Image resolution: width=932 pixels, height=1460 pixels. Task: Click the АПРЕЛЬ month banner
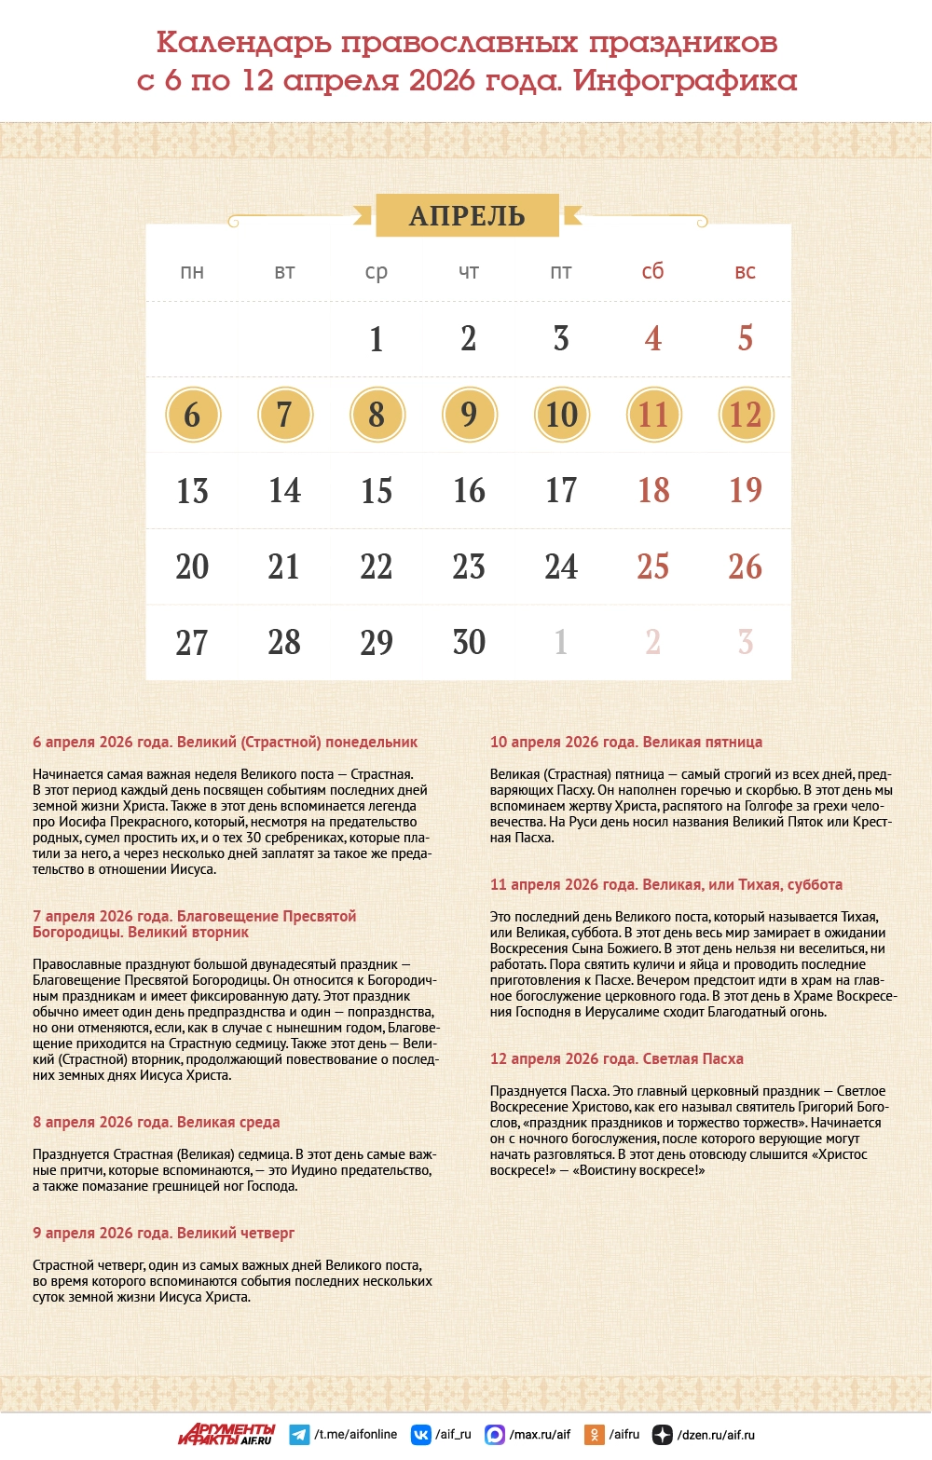pyautogui.click(x=467, y=215)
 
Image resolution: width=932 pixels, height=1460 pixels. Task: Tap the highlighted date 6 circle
pyautogui.click(x=192, y=415)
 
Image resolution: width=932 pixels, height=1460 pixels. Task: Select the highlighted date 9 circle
pyautogui.click(x=469, y=415)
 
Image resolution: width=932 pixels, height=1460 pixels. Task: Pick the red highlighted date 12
pyautogui.click(x=746, y=415)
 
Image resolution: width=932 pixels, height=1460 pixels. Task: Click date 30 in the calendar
pyautogui.click(x=469, y=642)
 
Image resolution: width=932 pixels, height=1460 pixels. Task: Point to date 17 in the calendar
pyautogui.click(x=561, y=490)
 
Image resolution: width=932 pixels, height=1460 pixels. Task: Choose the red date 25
pyautogui.click(x=652, y=566)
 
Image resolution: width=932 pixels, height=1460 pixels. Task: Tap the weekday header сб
pyautogui.click(x=652, y=271)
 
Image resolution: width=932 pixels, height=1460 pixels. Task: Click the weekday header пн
pyautogui.click(x=192, y=272)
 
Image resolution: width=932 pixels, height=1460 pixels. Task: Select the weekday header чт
pyautogui.click(x=469, y=272)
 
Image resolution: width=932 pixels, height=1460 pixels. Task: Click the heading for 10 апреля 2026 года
pyautogui.click(x=626, y=743)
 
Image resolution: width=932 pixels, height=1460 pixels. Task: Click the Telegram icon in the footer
pyautogui.click(x=299, y=1435)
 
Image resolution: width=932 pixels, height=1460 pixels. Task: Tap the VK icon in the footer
pyautogui.click(x=421, y=1435)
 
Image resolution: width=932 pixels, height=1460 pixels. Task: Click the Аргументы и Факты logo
pyautogui.click(x=226, y=1434)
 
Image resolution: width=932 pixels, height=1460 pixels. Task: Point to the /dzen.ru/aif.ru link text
pyautogui.click(x=716, y=1435)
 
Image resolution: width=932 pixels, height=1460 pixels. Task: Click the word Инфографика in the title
pyautogui.click(x=685, y=81)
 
